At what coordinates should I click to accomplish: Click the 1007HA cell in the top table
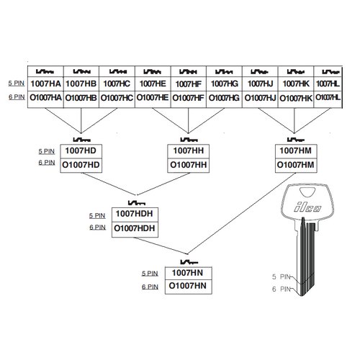pos(45,84)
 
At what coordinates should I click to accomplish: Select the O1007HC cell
pos(117,98)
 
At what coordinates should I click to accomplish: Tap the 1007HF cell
pos(189,84)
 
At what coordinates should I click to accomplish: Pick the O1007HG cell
pos(224,98)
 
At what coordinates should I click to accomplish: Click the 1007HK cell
pos(296,84)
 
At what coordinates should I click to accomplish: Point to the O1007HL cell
pos(328,98)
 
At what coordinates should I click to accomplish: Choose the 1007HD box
pos(81,151)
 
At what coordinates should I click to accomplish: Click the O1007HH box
pos(188,166)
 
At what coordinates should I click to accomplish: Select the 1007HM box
pos(296,151)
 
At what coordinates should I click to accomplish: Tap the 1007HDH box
pos(135,215)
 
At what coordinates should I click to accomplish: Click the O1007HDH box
pos(135,230)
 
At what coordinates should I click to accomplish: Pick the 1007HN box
pos(189,274)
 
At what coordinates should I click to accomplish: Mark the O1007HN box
pos(189,287)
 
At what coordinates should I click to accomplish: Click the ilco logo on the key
pos(307,207)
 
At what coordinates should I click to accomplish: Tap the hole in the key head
pos(307,192)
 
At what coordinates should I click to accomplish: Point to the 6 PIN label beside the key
pos(282,289)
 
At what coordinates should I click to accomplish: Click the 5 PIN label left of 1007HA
pos(17,84)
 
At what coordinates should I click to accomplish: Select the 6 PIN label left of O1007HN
pos(150,287)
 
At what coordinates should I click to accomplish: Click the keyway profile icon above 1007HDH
pos(137,203)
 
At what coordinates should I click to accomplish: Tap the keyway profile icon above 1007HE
pos(152,71)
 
